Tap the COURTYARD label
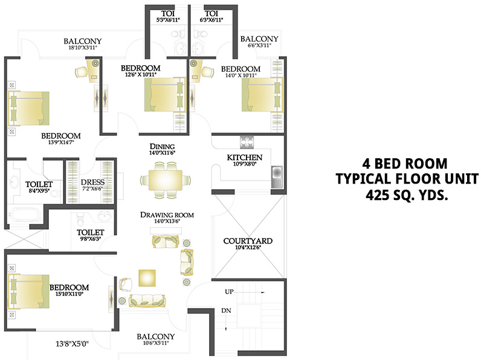click(247, 240)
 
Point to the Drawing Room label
click(167, 214)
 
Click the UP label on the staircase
click(230, 291)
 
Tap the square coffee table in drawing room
click(148, 278)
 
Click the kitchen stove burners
click(248, 143)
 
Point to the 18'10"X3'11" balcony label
click(82, 42)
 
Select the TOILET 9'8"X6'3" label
click(91, 232)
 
